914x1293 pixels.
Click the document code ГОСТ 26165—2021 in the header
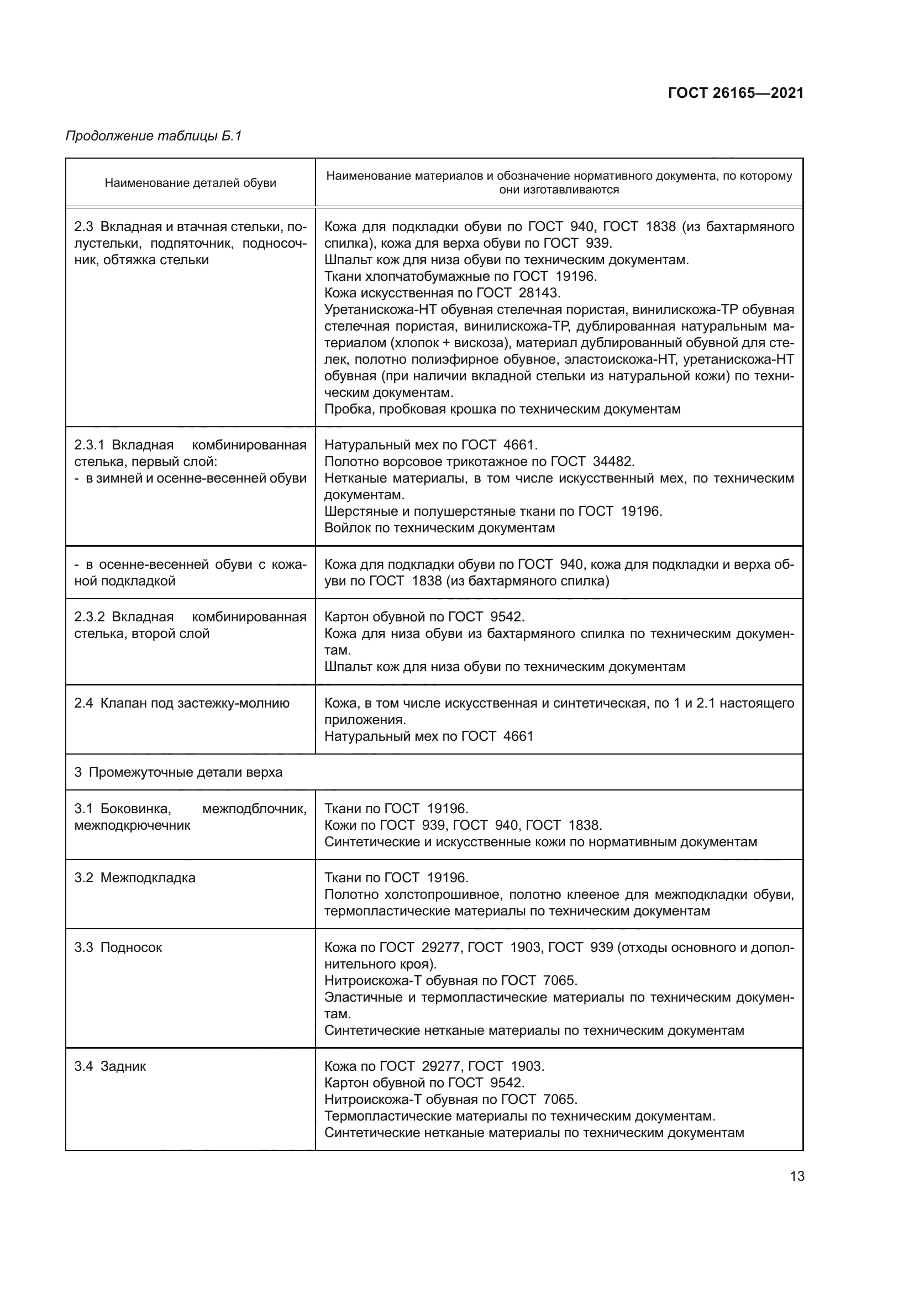click(x=736, y=93)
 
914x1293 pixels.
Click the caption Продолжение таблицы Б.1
click(x=154, y=136)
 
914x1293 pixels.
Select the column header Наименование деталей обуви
click(x=190, y=183)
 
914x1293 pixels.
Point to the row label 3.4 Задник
click(x=111, y=1066)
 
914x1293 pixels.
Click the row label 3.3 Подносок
click(x=118, y=947)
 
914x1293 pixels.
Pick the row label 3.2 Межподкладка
click(x=135, y=878)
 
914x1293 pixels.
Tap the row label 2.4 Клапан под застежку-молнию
click(x=182, y=703)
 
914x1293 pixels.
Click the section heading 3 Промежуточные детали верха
click(x=178, y=772)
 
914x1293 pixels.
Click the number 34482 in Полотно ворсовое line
click(x=613, y=462)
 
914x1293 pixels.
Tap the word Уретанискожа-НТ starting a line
click(x=380, y=310)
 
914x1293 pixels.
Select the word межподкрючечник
click(x=132, y=825)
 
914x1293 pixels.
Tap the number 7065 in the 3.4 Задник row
click(x=560, y=1100)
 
